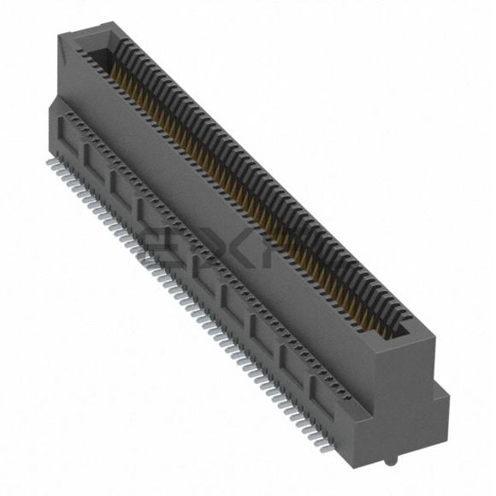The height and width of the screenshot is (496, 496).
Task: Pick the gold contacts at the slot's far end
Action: coord(115,77)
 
